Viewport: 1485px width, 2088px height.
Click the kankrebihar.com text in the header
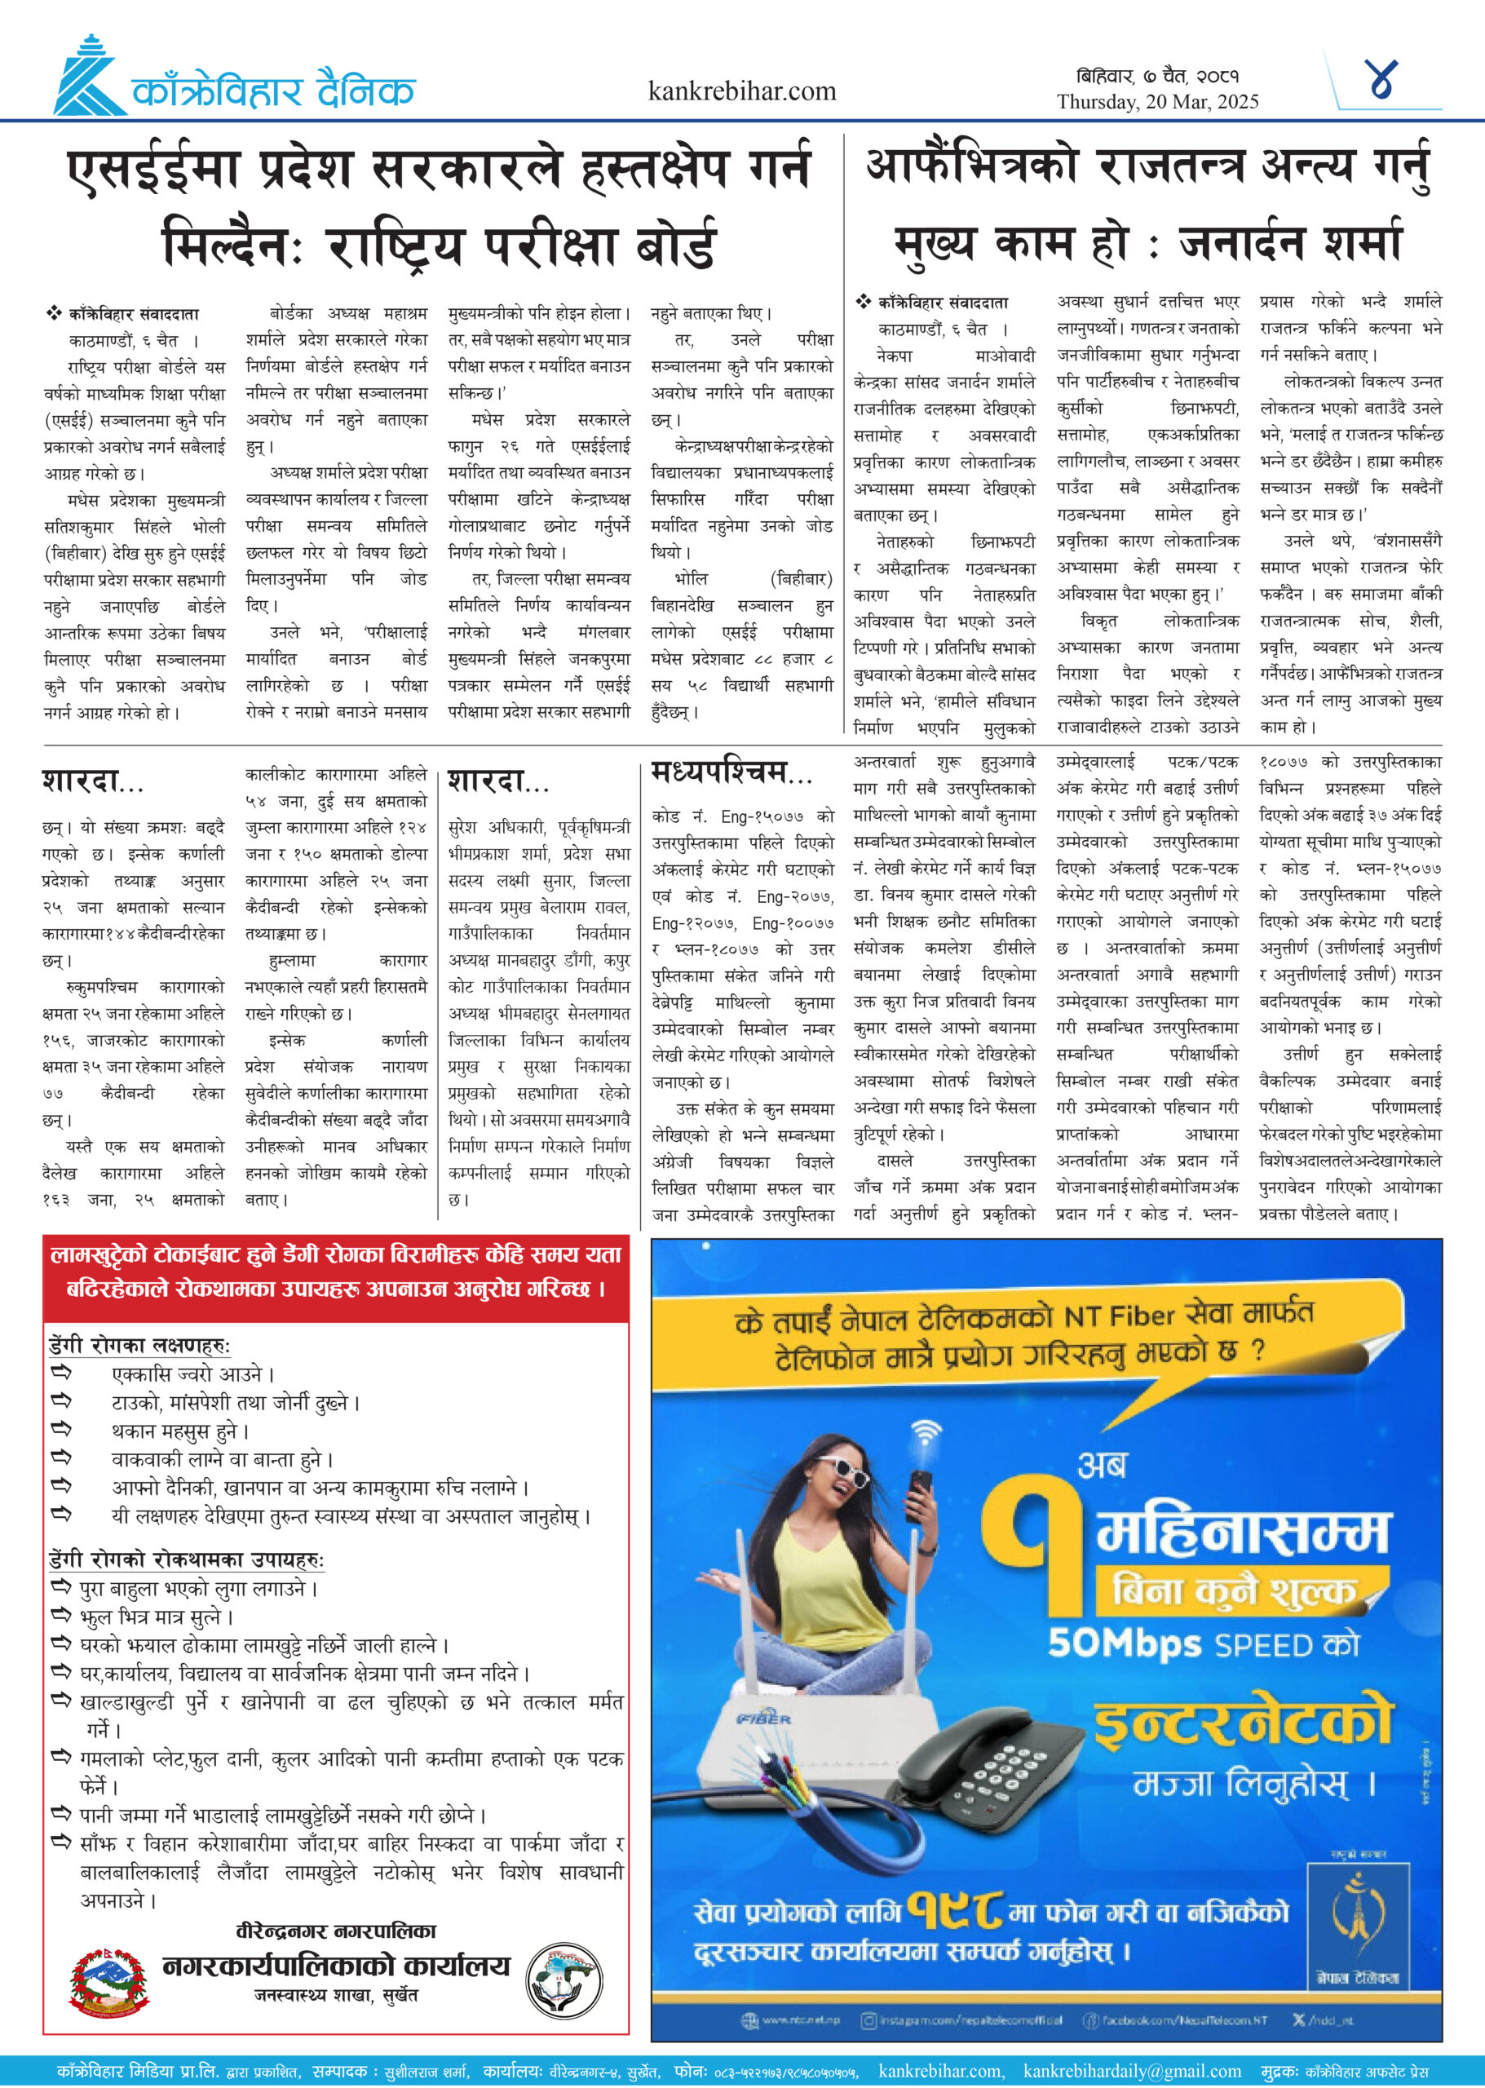(x=741, y=91)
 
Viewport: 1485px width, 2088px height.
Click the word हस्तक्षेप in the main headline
(x=656, y=171)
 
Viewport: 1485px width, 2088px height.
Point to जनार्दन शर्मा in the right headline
(x=1289, y=243)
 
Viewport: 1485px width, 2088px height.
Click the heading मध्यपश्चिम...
(x=731, y=773)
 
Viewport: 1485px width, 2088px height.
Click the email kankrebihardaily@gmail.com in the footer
(x=1131, y=2071)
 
